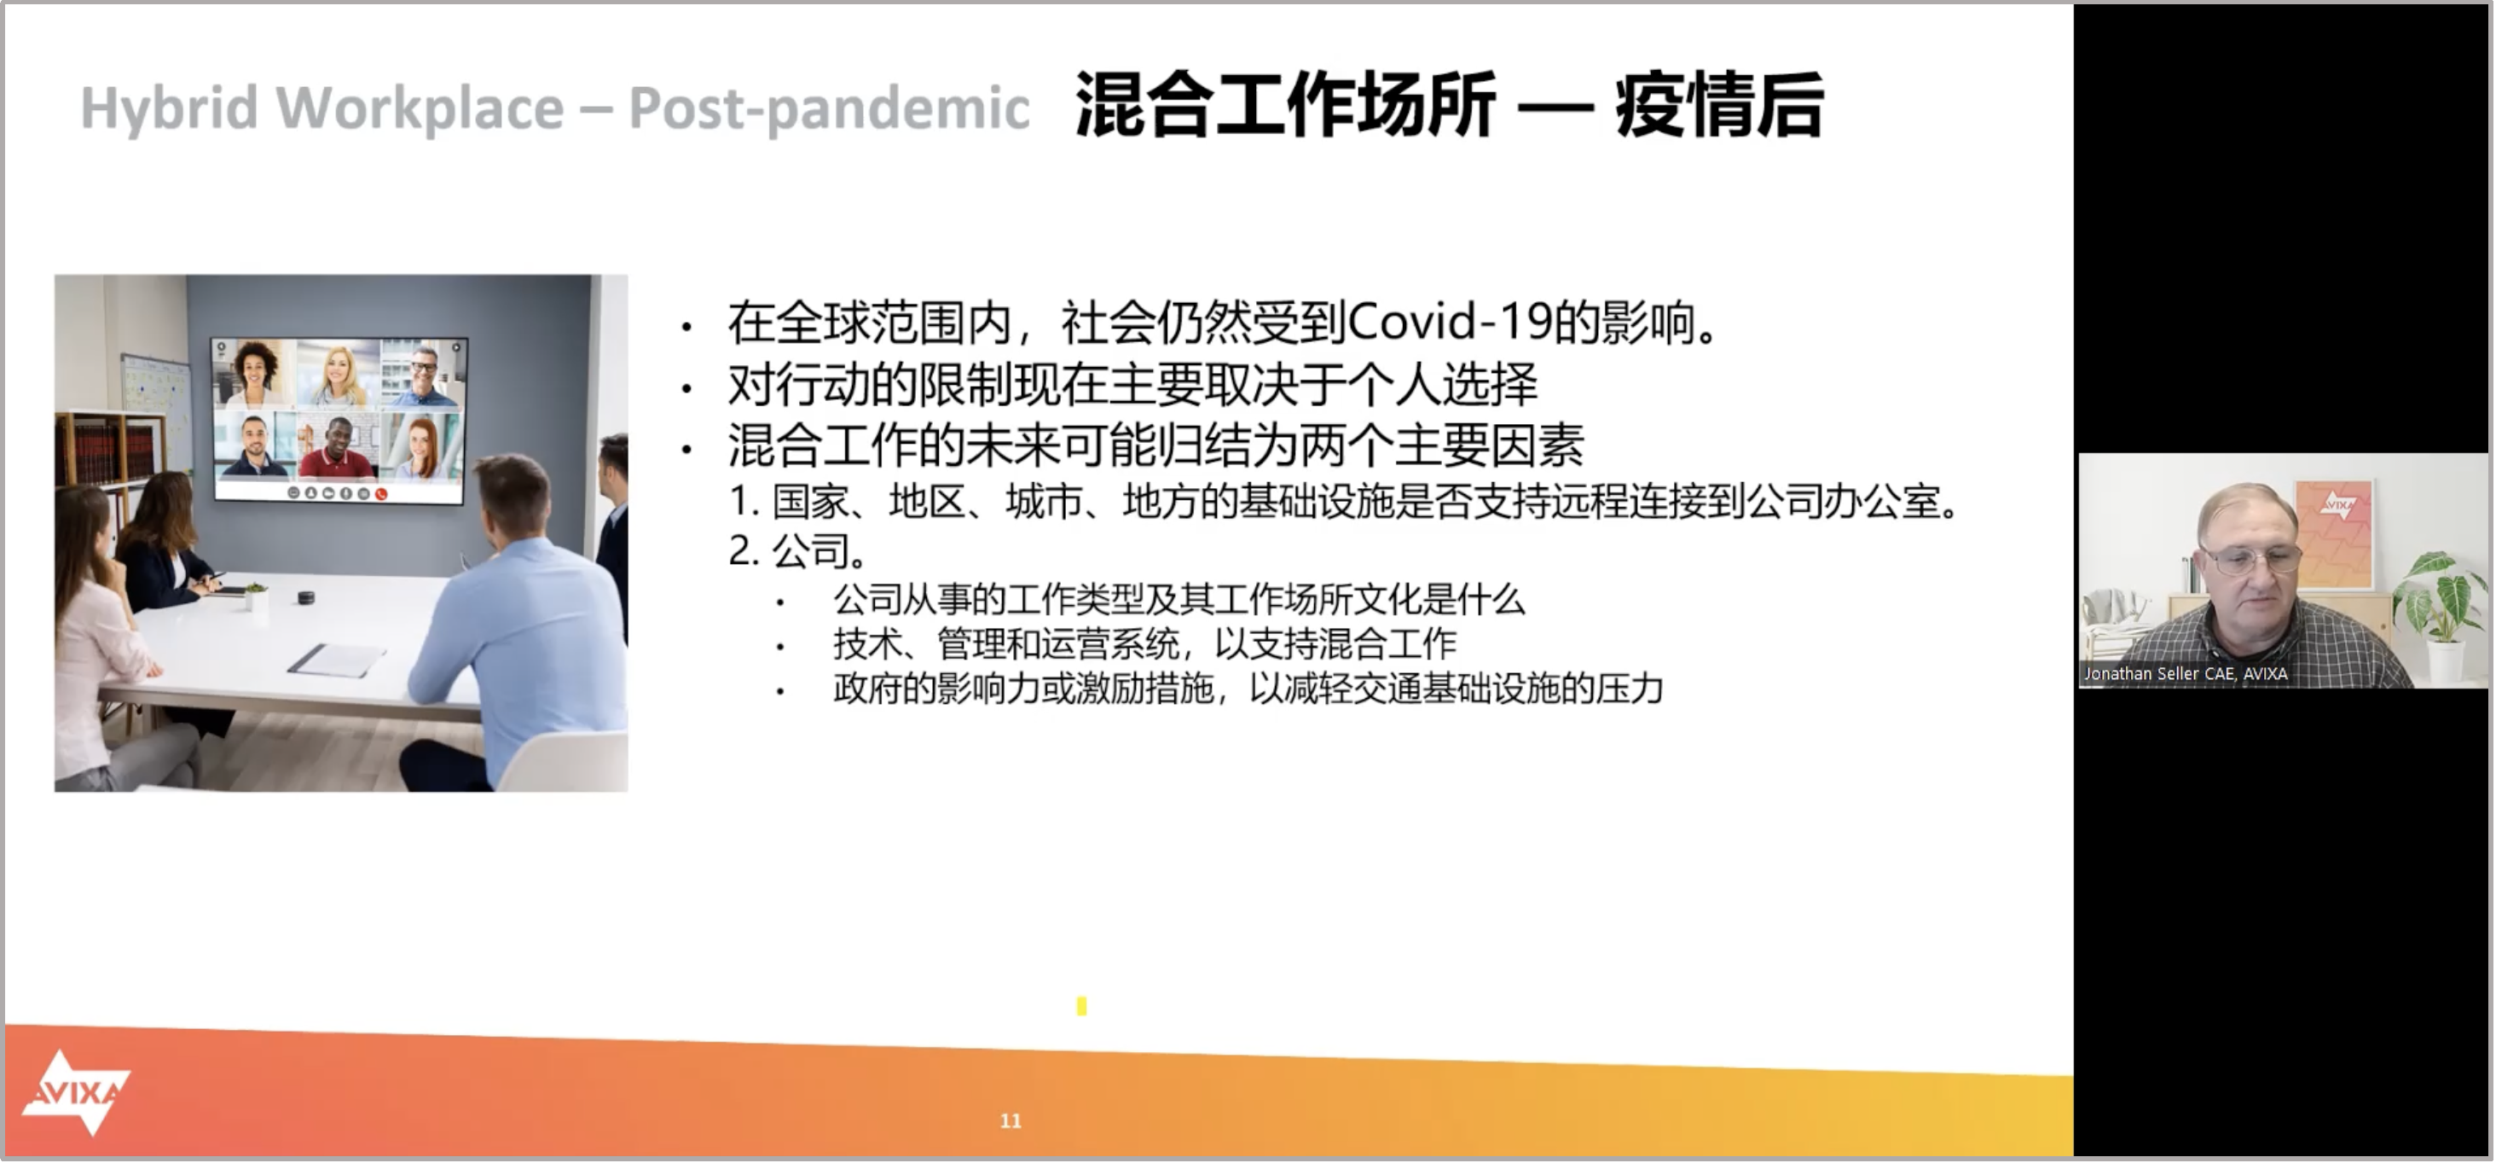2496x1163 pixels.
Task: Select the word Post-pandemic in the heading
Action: pos(830,108)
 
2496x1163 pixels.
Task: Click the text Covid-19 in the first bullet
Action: pos(1449,322)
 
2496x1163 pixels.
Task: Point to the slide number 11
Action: pos(1011,1121)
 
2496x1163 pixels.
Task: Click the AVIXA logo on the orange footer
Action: pos(77,1092)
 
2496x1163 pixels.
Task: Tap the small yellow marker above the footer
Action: pos(1081,1006)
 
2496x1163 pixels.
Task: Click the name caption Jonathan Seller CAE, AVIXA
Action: pos(2186,673)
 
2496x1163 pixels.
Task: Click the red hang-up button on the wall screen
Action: pos(382,494)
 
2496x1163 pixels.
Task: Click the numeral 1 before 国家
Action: pos(738,502)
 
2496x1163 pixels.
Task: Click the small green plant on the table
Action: pos(256,594)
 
